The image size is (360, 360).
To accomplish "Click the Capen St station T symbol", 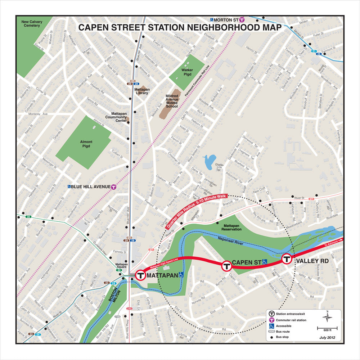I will [x=226, y=266].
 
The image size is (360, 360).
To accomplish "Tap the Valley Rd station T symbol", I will [x=287, y=259].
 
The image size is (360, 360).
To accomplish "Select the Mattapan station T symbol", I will [x=140, y=275].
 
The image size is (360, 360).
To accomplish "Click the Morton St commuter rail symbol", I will [x=242, y=20].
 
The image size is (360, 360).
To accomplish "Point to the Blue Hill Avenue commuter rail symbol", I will [x=114, y=186].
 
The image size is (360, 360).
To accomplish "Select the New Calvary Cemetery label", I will [x=32, y=24].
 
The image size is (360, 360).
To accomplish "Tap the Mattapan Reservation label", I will [x=229, y=226].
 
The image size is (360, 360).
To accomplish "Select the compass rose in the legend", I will [x=327, y=317].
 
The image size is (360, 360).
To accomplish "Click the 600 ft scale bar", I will [x=327, y=328].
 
